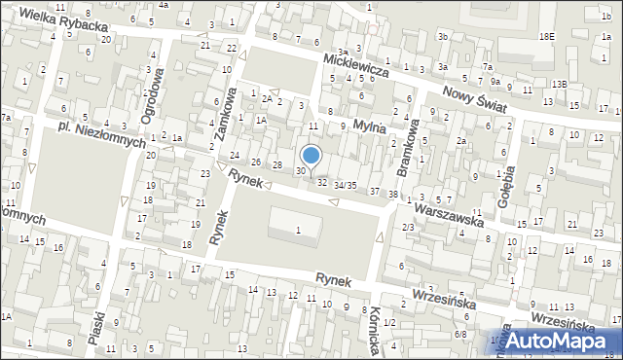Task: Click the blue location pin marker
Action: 311,156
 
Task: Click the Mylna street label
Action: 369,126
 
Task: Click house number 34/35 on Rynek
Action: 346,184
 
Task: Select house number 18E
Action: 547,36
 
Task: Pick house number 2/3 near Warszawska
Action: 408,227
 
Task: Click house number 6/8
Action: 459,335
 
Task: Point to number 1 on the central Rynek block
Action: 298,230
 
